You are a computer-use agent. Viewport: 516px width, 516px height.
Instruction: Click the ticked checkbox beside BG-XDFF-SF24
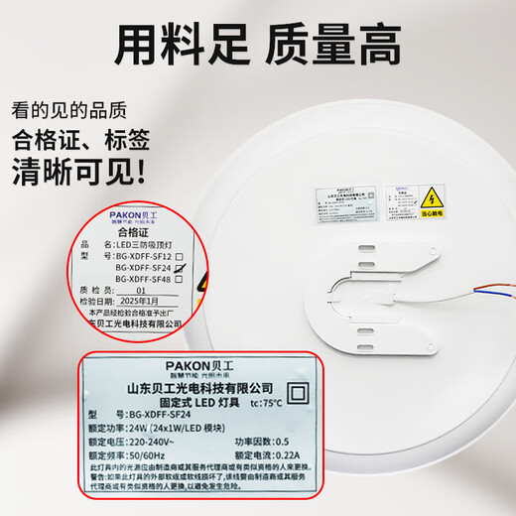(x=180, y=268)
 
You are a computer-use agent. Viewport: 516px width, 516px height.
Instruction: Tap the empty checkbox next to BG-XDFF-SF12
(x=178, y=256)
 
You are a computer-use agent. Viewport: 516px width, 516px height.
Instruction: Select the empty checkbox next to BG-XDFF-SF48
(x=180, y=280)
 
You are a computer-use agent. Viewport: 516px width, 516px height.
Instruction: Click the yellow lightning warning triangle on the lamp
(x=434, y=193)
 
